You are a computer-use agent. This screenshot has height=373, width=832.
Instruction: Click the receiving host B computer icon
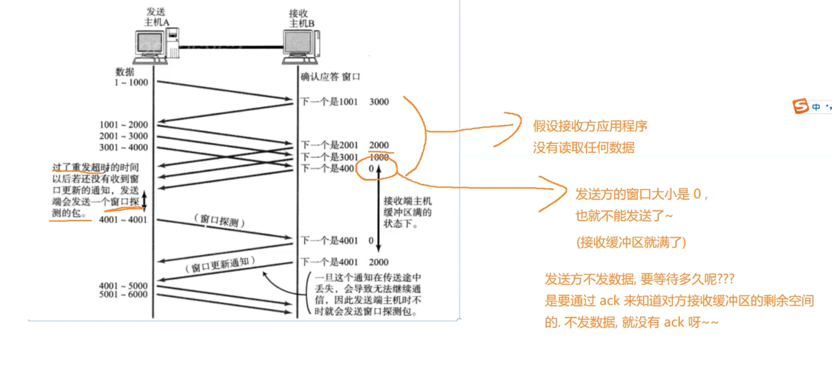301,47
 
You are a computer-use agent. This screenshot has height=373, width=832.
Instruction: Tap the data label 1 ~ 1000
131,82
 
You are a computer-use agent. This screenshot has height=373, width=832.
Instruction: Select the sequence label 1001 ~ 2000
124,125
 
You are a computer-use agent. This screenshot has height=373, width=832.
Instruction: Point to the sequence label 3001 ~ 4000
124,148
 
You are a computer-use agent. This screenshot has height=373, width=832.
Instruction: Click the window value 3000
379,102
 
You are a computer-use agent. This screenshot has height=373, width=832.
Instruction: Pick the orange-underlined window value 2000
379,145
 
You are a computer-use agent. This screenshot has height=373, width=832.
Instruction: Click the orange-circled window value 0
371,169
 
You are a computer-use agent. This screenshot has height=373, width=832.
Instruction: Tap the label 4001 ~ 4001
123,220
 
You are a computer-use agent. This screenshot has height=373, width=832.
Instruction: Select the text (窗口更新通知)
220,265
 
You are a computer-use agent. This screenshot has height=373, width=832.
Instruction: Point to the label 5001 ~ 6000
123,295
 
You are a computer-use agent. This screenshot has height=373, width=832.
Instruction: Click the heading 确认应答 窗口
330,77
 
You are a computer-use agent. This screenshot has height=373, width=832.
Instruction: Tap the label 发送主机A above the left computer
156,17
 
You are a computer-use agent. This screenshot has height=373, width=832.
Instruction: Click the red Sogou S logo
800,106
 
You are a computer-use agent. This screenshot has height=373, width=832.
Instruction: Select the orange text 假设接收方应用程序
590,126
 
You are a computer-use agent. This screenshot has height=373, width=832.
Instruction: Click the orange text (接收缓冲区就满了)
631,242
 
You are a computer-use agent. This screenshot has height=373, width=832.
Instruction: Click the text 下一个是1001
329,102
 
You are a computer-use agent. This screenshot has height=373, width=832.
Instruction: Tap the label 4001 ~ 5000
123,286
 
